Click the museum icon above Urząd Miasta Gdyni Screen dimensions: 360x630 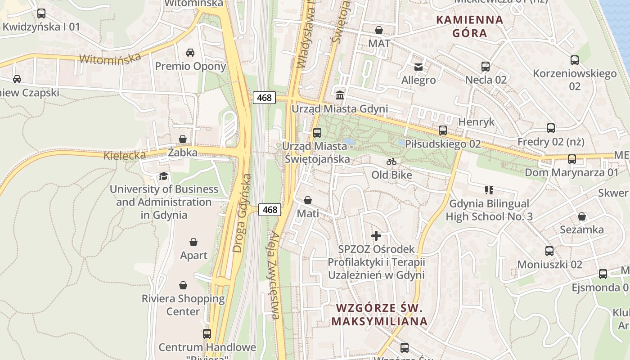coord(340,95)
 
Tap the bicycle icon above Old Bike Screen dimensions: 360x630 coord(391,162)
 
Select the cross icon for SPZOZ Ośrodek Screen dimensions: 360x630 coord(376,235)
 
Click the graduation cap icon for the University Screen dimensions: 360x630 coord(164,176)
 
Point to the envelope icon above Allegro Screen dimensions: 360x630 coord(418,67)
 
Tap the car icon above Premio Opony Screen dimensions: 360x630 coord(190,53)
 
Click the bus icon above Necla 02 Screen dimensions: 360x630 coord(486,67)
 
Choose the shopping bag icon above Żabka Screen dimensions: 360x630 coord(183,139)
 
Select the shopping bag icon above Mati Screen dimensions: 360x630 coord(308,200)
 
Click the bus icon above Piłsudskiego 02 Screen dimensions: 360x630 coord(443,130)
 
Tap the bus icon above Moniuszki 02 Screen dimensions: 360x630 coord(549,251)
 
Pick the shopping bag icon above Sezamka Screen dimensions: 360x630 coord(582,216)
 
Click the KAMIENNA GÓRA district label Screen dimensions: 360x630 coord(470,26)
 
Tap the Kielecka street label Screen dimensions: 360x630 coord(125,156)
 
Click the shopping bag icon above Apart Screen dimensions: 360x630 coord(193,242)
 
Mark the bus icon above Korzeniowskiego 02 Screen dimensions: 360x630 coord(575,60)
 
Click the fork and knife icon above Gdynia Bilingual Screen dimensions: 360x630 coord(489,190)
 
